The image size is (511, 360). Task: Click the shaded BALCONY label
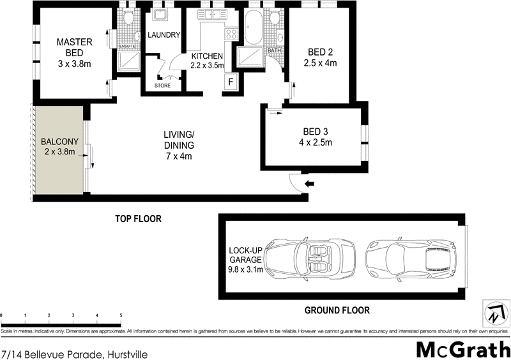coord(58,142)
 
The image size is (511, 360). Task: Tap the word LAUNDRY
coord(164,35)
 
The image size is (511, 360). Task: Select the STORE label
coord(162,85)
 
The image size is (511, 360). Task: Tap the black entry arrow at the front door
coord(310,184)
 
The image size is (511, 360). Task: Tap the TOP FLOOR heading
coord(138,219)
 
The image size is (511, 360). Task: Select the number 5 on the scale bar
coord(121,316)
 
